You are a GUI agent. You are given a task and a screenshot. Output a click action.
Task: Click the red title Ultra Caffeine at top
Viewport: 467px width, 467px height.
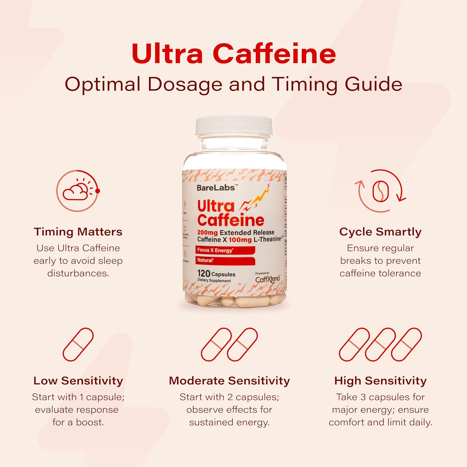pyautogui.click(x=233, y=54)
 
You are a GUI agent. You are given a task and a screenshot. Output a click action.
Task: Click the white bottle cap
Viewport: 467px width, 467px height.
pyautogui.click(x=234, y=126)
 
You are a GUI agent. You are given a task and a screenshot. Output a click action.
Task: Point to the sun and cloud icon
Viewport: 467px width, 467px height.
pyautogui.click(x=78, y=191)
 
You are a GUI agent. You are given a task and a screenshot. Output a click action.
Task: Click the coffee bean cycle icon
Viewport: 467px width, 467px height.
pyautogui.click(x=380, y=191)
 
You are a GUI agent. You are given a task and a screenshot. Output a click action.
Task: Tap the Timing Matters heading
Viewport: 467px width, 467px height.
pyautogui.click(x=78, y=232)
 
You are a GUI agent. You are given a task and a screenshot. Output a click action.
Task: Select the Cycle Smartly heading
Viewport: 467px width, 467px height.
pyautogui.click(x=380, y=232)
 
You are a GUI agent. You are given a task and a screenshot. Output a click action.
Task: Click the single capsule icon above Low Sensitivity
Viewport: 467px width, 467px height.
pyautogui.click(x=78, y=344)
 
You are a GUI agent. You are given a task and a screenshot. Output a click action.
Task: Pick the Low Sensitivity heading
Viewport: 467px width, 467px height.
pyautogui.click(x=78, y=381)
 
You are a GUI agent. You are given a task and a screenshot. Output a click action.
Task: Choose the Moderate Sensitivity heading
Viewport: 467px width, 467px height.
pyautogui.click(x=229, y=381)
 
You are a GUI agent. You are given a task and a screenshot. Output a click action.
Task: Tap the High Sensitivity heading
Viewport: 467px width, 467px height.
pyautogui.click(x=380, y=381)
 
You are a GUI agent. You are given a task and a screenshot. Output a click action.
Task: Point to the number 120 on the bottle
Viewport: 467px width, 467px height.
pyautogui.click(x=204, y=273)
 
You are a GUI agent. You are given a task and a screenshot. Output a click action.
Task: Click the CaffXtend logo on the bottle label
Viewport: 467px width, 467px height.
pyautogui.click(x=267, y=279)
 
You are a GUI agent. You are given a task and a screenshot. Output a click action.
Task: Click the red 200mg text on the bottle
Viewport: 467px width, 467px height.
pyautogui.click(x=207, y=233)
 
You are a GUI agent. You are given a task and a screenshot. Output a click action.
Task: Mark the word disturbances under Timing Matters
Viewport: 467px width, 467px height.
pyautogui.click(x=78, y=273)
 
